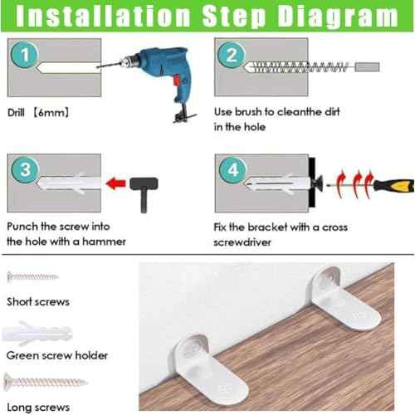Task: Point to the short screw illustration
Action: (x=33, y=276)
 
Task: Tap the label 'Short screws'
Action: (x=38, y=301)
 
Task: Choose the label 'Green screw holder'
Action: (x=57, y=355)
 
